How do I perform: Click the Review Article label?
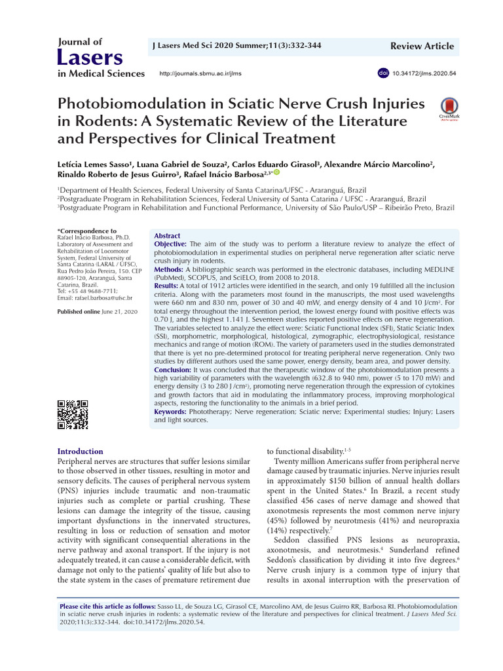(421, 46)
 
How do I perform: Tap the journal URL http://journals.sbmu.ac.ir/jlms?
(200, 73)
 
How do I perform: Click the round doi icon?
(383, 73)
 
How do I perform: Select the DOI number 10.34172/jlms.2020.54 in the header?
(424, 73)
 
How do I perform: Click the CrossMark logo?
(449, 109)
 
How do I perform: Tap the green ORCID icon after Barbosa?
(276, 172)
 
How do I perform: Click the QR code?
(73, 414)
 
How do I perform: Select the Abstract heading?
(166, 235)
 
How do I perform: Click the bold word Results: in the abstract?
(166, 286)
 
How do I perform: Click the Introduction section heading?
(81, 451)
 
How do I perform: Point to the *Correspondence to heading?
(87, 231)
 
